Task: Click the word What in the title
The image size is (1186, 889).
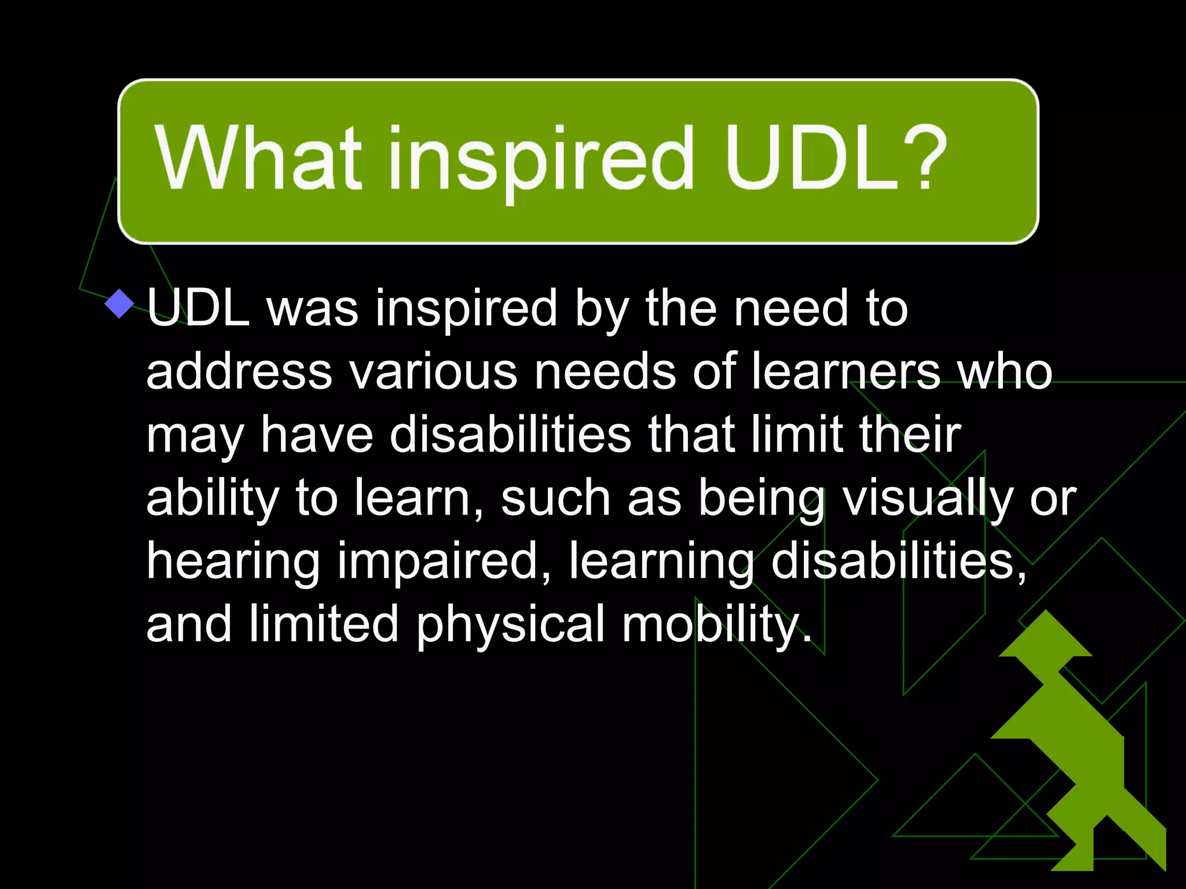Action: (258, 159)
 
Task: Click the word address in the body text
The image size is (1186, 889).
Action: (239, 372)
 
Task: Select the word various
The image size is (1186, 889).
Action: (433, 372)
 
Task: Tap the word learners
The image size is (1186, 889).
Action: (845, 372)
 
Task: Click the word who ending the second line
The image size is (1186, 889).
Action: (1005, 372)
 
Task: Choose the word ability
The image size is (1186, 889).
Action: (213, 499)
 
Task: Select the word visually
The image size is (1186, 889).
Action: (927, 499)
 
